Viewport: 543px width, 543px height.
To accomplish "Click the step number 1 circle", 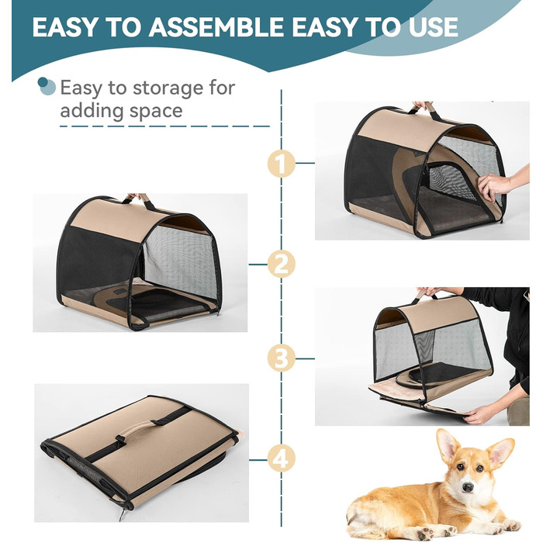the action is tap(281, 163).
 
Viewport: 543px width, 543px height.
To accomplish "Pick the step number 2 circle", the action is tap(281, 265).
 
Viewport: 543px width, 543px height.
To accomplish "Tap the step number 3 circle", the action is tap(281, 358).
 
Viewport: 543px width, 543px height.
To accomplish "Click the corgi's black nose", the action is tap(468, 487).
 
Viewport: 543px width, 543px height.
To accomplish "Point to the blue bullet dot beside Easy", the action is tap(47, 86).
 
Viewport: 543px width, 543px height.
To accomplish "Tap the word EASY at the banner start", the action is tap(65, 27).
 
